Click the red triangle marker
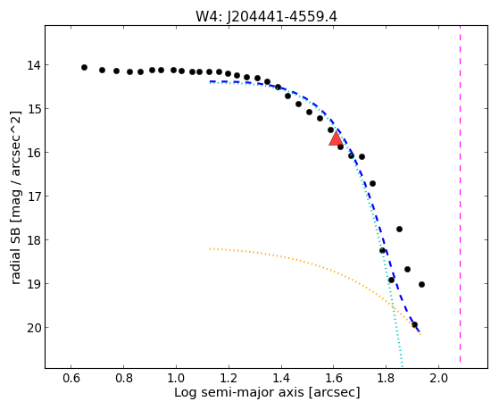[x=336, y=138]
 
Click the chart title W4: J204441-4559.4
[x=266, y=16]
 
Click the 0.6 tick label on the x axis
[x=71, y=378]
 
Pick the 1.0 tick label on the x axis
[x=176, y=378]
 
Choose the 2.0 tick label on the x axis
[x=438, y=378]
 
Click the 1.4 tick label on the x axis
[x=281, y=378]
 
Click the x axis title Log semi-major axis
[x=239, y=392]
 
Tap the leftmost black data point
[x=84, y=67]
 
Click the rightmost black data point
[x=421, y=284]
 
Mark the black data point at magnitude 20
[x=414, y=324]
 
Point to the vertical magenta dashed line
[x=461, y=194]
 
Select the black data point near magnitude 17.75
[x=399, y=229]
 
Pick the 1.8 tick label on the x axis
[x=386, y=378]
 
